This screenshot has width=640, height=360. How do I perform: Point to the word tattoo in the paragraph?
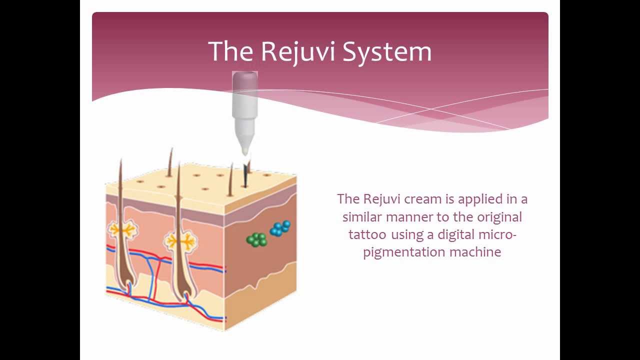point(368,234)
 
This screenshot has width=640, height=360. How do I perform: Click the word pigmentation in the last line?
point(404,251)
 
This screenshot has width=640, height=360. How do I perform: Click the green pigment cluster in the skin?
point(257,239)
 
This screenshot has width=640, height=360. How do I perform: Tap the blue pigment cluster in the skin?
point(280,228)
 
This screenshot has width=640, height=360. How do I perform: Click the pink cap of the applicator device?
point(245,80)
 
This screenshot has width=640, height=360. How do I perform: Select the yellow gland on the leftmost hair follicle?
point(122,229)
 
